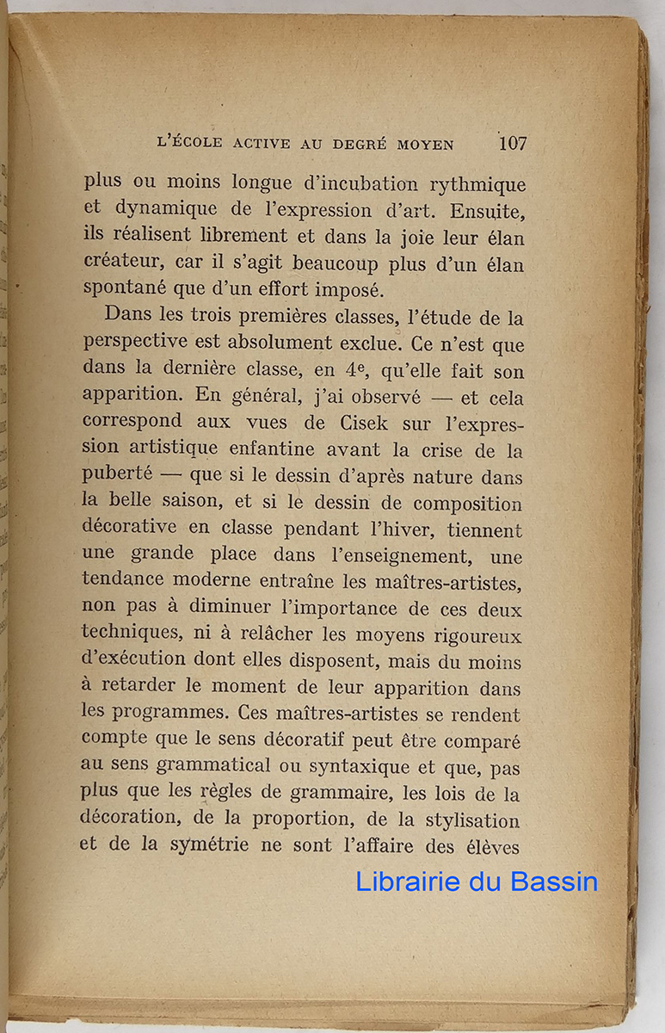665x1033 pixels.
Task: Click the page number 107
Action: click(512, 144)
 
